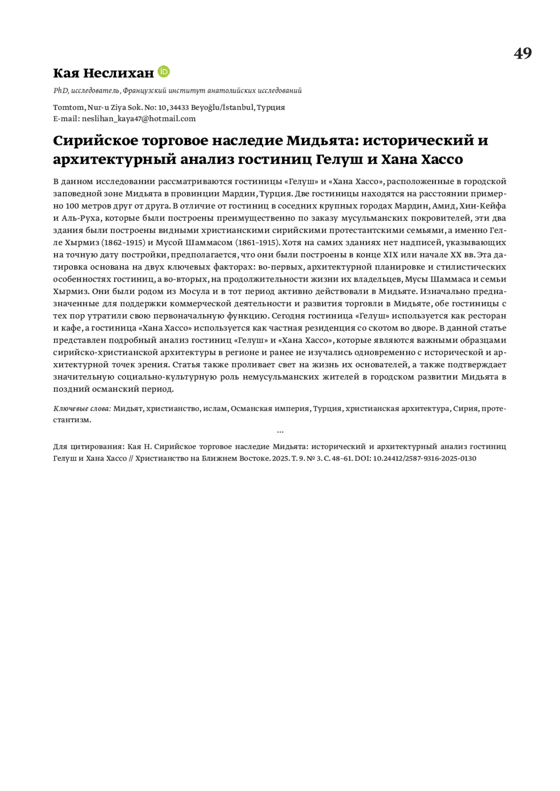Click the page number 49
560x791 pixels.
tap(522, 54)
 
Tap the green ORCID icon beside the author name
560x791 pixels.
tap(164, 72)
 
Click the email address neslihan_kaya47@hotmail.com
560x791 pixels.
tap(139, 118)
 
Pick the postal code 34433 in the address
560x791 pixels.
tap(179, 107)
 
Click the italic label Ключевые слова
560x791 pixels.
tap(82, 409)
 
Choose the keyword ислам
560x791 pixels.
tap(215, 409)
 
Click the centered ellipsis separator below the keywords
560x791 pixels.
tap(280, 432)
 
